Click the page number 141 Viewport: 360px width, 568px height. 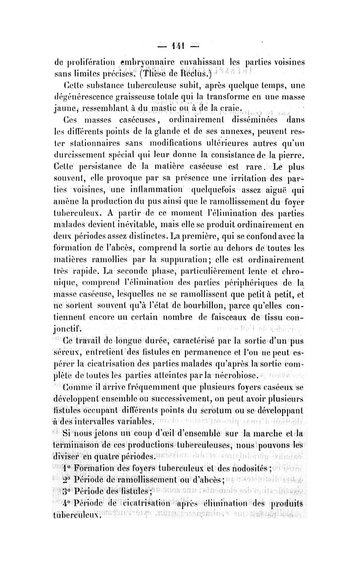(x=180, y=46)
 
